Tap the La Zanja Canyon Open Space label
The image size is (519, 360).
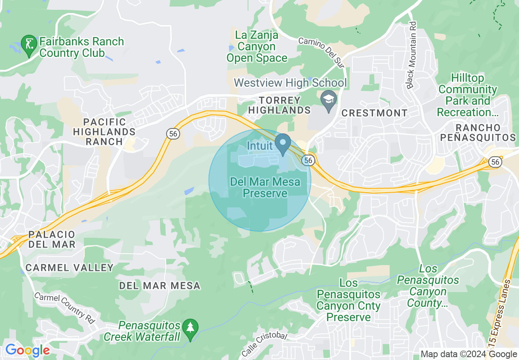click(x=257, y=47)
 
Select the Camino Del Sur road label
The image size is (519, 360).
click(x=321, y=52)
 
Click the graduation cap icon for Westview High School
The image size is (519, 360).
click(x=328, y=99)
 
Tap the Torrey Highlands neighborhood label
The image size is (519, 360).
click(x=280, y=105)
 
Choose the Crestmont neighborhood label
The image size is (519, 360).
click(x=375, y=113)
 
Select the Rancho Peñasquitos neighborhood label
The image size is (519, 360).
click(x=478, y=133)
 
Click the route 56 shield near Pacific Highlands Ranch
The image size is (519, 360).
click(x=172, y=133)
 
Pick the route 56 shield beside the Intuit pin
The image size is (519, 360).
click(x=308, y=160)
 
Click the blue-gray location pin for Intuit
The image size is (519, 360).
click(x=282, y=144)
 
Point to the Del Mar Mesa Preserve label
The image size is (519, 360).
click(x=265, y=187)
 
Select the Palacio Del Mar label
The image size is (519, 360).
click(x=52, y=239)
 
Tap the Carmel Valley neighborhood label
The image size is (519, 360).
click(x=69, y=268)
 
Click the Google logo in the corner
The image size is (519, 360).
click(x=27, y=350)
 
